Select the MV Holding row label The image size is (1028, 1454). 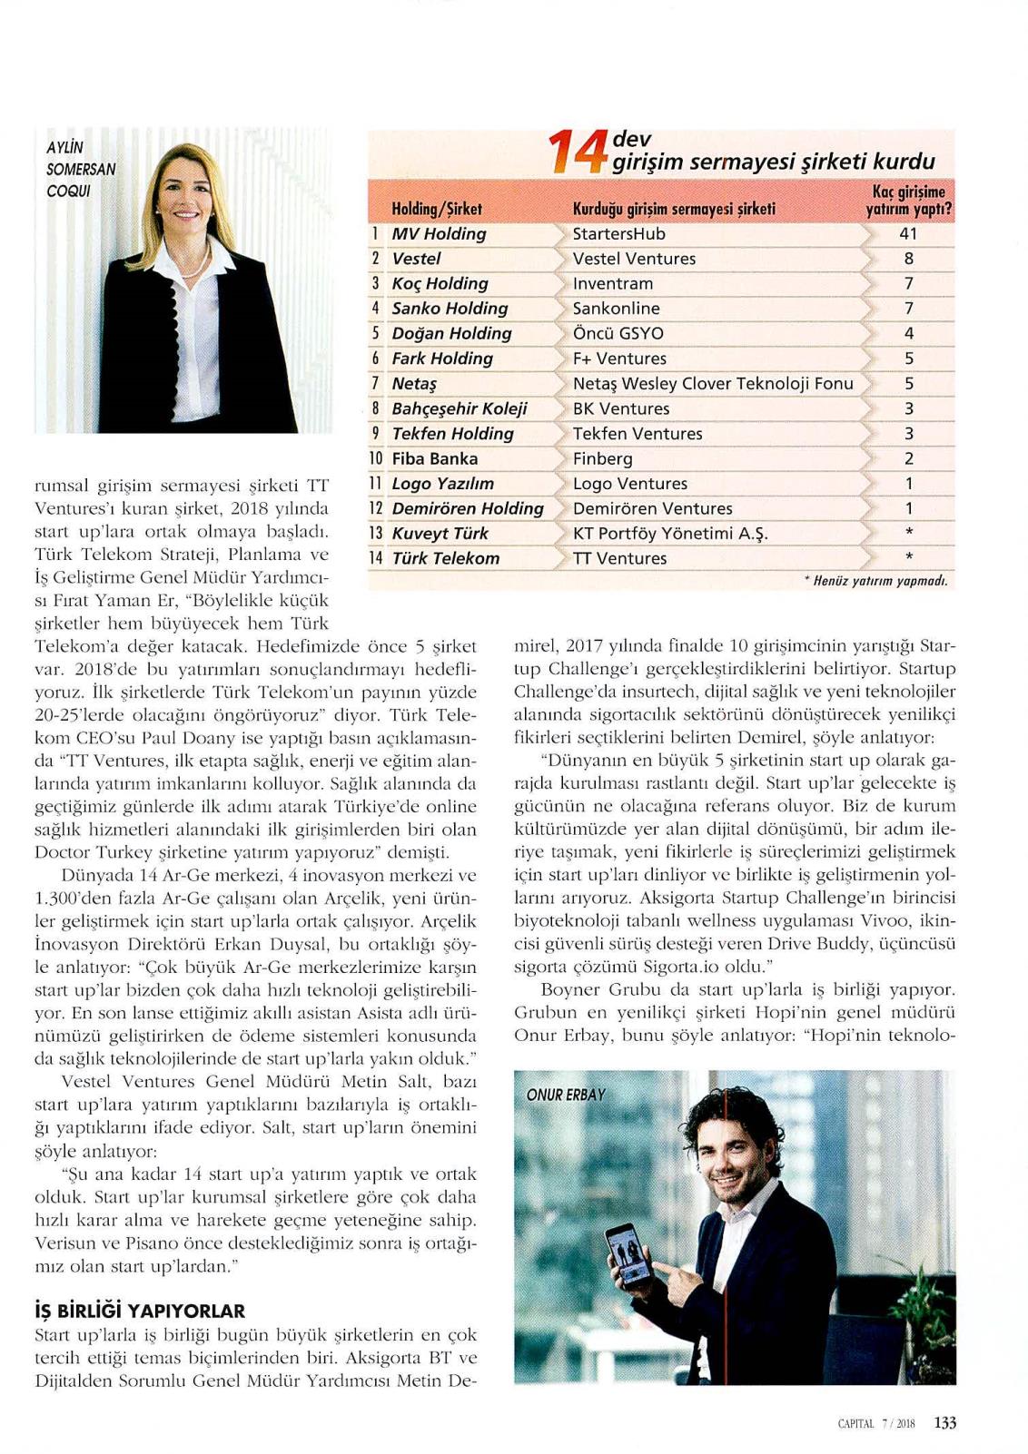439,234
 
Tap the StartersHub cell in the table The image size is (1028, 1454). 618,234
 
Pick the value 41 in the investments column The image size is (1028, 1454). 908,234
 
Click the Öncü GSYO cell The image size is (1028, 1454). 618,334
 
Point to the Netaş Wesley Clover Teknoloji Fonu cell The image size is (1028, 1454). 713,384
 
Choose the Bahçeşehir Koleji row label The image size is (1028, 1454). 459,409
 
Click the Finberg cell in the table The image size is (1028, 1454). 602,459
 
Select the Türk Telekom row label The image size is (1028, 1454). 445,559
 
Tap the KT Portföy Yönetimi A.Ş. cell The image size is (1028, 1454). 670,534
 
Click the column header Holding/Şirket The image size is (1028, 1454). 437,210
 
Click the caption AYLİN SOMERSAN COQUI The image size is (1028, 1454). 81,169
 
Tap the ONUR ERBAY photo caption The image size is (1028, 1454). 565,1095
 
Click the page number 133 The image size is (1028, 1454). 944,1423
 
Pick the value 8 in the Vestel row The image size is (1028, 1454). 908,260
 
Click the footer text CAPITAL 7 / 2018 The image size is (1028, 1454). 875,1424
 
